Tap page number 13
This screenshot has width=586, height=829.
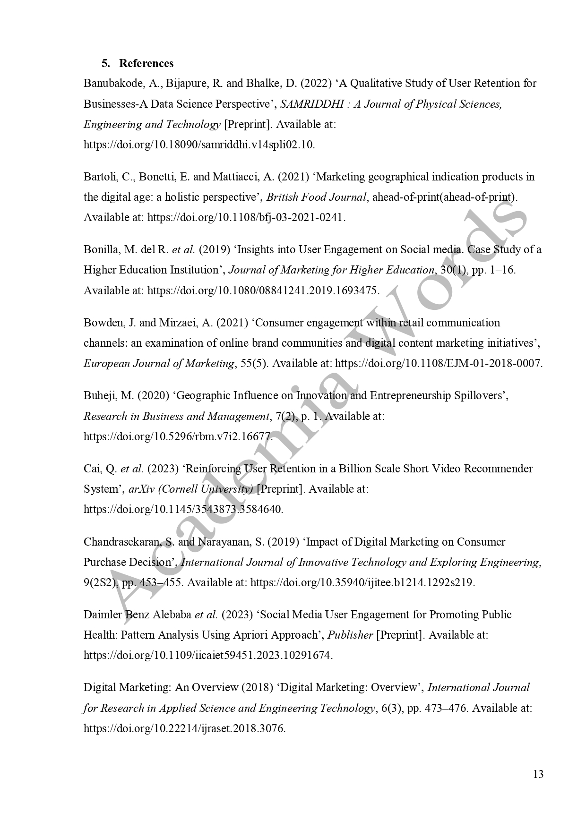pos(538,774)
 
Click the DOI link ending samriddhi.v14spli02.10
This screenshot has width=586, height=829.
pos(199,145)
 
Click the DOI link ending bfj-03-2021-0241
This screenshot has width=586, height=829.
pos(246,218)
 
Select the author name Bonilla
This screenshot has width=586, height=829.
pos(101,249)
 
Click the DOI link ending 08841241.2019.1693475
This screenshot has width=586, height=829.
pos(263,291)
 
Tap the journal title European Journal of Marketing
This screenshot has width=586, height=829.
pos(159,364)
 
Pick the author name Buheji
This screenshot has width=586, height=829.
pos(101,395)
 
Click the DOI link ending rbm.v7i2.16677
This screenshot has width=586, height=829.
pos(178,436)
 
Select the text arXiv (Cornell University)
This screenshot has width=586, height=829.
pos(190,489)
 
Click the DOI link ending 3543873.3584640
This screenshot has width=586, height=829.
pos(183,510)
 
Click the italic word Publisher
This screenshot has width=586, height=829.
pos(350,635)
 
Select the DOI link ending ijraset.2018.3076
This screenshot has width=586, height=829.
pos(184,728)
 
